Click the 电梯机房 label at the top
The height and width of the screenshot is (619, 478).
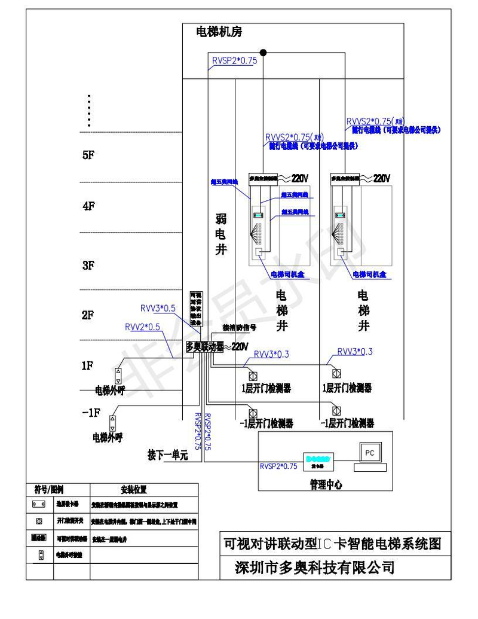(x=219, y=32)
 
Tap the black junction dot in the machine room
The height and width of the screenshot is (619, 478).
(x=262, y=53)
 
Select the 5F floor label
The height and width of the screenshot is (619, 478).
(x=89, y=155)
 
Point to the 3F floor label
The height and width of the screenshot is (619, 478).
(x=89, y=266)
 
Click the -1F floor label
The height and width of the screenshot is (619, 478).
(x=90, y=412)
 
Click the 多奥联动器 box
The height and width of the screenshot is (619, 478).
(x=204, y=346)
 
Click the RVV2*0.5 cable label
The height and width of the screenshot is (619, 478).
(x=142, y=327)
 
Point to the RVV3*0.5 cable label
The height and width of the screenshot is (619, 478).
(x=158, y=309)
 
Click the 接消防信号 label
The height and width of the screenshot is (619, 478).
(x=240, y=328)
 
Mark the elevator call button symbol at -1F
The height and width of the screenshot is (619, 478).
(x=111, y=423)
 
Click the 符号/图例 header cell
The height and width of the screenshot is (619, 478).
(x=49, y=489)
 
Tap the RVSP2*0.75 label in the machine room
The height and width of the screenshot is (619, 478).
(x=234, y=61)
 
